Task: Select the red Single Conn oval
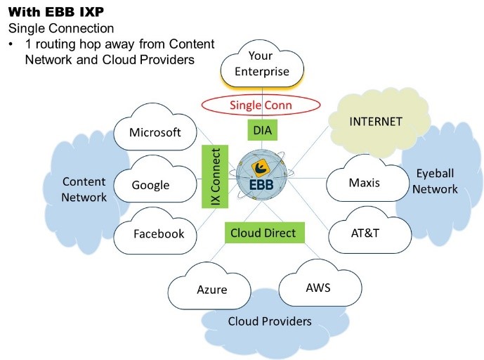click(x=261, y=105)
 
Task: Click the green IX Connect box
click(x=214, y=176)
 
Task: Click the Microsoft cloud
click(x=155, y=131)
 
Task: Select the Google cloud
click(x=151, y=185)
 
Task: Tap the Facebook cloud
click(x=159, y=233)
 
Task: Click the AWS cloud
click(x=318, y=287)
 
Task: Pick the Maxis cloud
click(x=364, y=183)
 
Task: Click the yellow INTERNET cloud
click(x=376, y=122)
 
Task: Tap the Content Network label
click(x=84, y=189)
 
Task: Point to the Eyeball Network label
click(x=435, y=181)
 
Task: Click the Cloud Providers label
click(x=270, y=321)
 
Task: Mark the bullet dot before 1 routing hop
click(x=11, y=45)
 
